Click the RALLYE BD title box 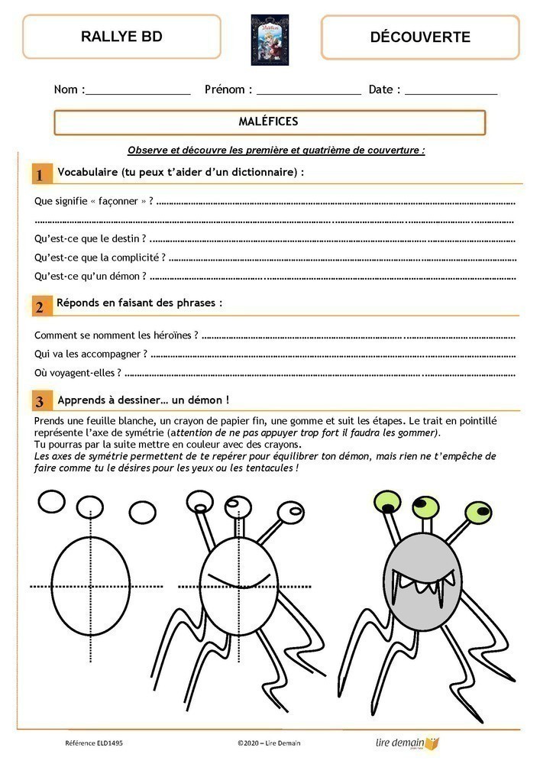tap(121, 37)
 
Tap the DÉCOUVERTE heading tap(419, 37)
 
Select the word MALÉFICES tap(269, 121)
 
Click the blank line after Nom tap(137, 92)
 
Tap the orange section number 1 tap(39, 175)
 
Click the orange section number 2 tap(39, 307)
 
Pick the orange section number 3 tap(39, 401)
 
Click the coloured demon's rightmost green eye tap(479, 510)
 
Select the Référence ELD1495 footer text tap(92, 743)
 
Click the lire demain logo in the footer tap(408, 742)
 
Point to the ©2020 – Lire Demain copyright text tap(270, 743)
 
